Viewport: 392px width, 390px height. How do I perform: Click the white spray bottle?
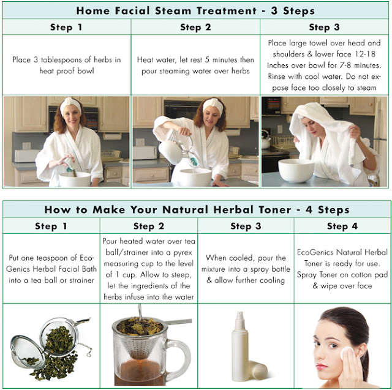(239, 347)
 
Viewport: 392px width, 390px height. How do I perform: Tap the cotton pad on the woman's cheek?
(347, 353)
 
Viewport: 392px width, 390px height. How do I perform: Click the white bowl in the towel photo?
(296, 170)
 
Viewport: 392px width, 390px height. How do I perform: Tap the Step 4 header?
(342, 226)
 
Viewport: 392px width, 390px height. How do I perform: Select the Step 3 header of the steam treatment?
(324, 27)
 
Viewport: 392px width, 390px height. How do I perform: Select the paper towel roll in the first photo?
(112, 136)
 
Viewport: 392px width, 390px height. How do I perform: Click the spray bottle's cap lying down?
(258, 370)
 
